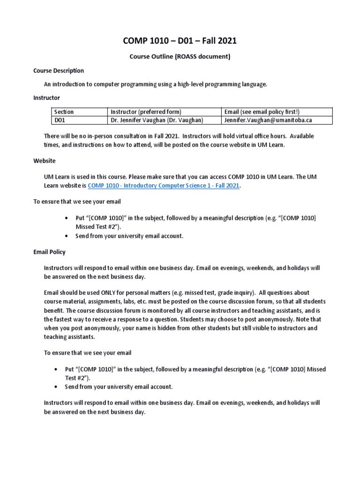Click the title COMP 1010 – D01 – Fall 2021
[x=180, y=41]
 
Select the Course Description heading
[x=59, y=71]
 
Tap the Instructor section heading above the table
[x=46, y=98]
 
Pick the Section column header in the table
[x=64, y=112]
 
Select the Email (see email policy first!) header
[x=262, y=112]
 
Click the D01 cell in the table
[x=61, y=120]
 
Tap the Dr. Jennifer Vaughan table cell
[x=157, y=120]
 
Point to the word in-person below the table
[x=103, y=136]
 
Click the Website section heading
[x=44, y=161]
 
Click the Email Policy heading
[x=49, y=252]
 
